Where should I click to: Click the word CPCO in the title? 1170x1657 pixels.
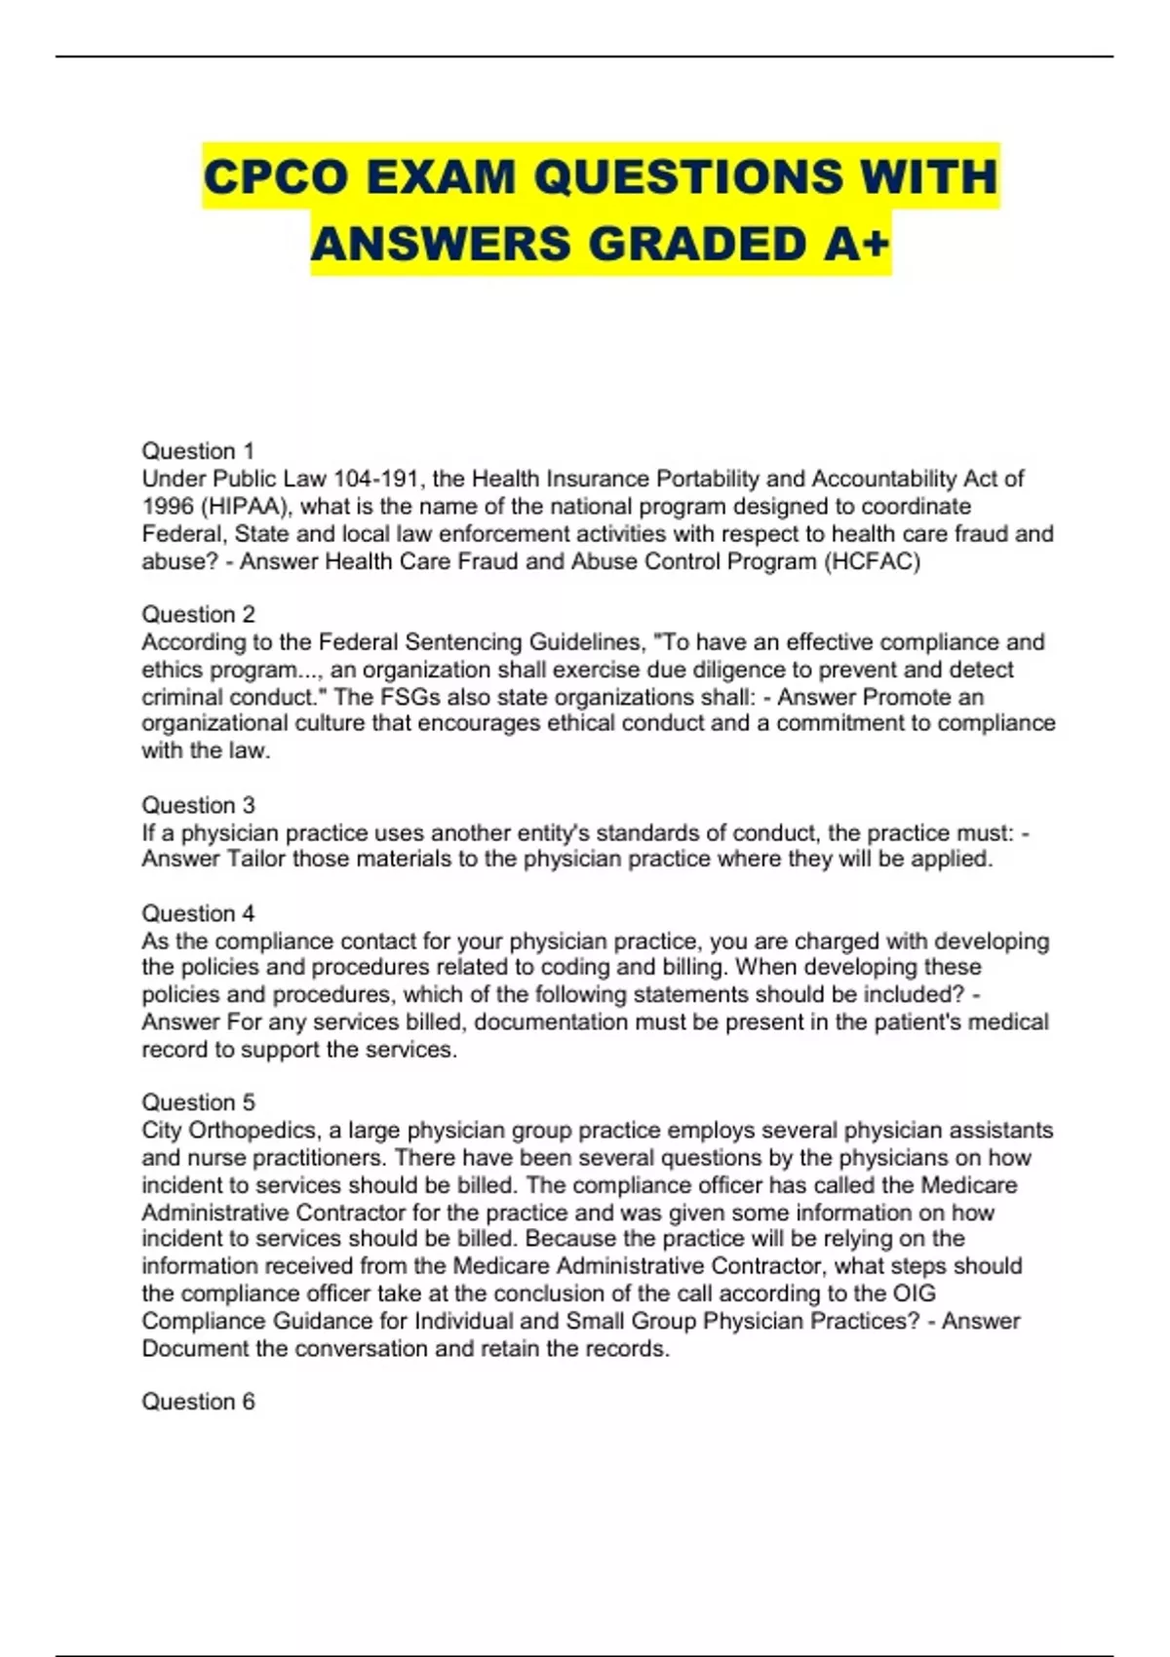[275, 177]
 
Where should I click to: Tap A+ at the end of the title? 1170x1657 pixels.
[856, 244]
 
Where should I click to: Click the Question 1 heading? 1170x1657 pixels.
[198, 451]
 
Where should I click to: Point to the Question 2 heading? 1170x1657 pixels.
[198, 614]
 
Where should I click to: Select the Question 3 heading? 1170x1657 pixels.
[198, 805]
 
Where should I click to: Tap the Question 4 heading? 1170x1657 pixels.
[198, 913]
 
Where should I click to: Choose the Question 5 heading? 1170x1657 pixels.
[198, 1102]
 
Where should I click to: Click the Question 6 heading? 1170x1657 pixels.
[198, 1402]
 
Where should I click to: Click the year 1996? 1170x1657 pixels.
[168, 507]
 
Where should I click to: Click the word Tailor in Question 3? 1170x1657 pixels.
[256, 859]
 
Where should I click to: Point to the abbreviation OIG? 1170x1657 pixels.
[915, 1293]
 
